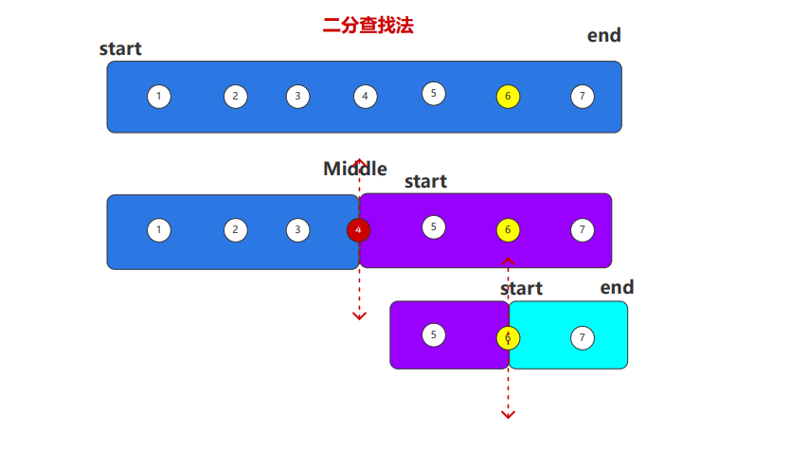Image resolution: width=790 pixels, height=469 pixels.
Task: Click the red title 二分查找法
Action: [368, 26]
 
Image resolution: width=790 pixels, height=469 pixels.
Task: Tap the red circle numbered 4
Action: [359, 230]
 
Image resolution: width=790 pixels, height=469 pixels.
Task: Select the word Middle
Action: [355, 169]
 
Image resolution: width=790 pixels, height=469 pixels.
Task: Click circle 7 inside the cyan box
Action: [583, 337]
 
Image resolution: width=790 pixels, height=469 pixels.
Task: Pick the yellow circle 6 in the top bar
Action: [508, 97]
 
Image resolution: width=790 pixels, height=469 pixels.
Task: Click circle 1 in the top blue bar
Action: [159, 97]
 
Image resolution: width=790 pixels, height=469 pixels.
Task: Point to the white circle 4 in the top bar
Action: [366, 97]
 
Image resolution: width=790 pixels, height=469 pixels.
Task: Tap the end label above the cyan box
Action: [617, 288]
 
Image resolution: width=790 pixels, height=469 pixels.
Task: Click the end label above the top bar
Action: [604, 35]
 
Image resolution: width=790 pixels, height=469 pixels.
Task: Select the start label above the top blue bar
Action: [120, 49]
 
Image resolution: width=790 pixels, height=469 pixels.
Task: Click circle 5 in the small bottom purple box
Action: [433, 335]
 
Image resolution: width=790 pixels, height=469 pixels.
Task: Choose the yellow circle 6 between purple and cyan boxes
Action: [508, 337]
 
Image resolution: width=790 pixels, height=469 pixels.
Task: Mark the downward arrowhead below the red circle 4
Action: [359, 316]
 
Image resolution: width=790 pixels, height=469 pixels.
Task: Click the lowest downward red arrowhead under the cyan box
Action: [508, 415]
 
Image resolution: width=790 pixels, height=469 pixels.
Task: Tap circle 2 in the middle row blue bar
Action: [235, 230]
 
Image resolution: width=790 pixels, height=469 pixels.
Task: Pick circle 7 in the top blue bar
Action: [583, 97]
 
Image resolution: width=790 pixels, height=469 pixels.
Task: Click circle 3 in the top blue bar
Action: [297, 97]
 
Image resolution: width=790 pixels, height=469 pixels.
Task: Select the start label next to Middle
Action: [425, 181]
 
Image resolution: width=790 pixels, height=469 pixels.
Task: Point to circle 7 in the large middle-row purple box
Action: [583, 230]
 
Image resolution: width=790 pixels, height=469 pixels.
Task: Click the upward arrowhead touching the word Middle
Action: [359, 162]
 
